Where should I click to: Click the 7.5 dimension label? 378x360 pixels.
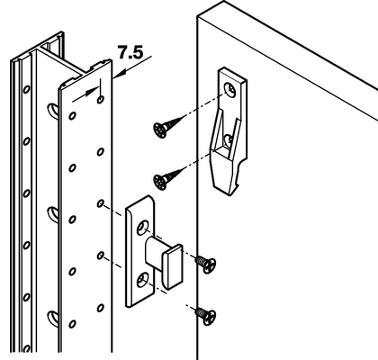[130, 52]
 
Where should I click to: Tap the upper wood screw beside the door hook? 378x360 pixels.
[167, 127]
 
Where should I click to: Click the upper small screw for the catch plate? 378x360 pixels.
[206, 264]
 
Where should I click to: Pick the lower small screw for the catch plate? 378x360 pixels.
[206, 316]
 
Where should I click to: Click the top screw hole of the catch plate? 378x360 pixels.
[142, 228]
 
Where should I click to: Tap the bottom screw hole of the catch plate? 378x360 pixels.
[142, 280]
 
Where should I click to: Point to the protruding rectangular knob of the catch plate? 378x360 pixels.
[172, 267]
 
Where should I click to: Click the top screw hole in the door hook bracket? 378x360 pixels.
[230, 89]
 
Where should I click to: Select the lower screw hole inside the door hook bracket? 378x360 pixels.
[228, 140]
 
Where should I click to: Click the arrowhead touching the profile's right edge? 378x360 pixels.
[119, 75]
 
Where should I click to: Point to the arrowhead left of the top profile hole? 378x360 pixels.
[92, 92]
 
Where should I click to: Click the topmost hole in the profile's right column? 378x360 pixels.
[101, 99]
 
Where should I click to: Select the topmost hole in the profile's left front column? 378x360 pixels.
[72, 115]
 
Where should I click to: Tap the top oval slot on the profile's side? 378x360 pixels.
[53, 110]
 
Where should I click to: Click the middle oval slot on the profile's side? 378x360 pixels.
[53, 213]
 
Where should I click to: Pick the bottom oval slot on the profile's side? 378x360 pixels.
[53, 318]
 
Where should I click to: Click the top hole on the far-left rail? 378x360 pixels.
[26, 89]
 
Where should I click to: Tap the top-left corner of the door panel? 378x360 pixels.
[197, 15]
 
